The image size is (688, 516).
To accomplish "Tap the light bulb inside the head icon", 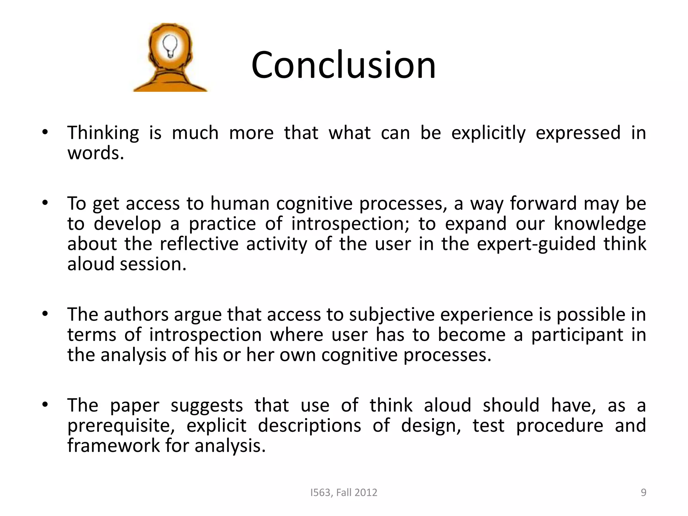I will click(x=170, y=46).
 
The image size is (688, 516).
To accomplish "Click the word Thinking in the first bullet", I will click(x=103, y=133).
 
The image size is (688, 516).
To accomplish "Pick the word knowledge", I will click(x=600, y=224).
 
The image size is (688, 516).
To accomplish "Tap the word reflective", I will click(x=199, y=244).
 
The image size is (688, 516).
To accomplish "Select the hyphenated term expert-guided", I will click(x=536, y=244).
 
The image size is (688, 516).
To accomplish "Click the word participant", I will click(x=577, y=335).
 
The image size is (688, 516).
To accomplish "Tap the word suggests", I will click(x=207, y=406).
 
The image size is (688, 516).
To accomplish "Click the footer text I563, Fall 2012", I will click(x=344, y=492).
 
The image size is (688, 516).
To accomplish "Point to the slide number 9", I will click(x=643, y=492).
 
